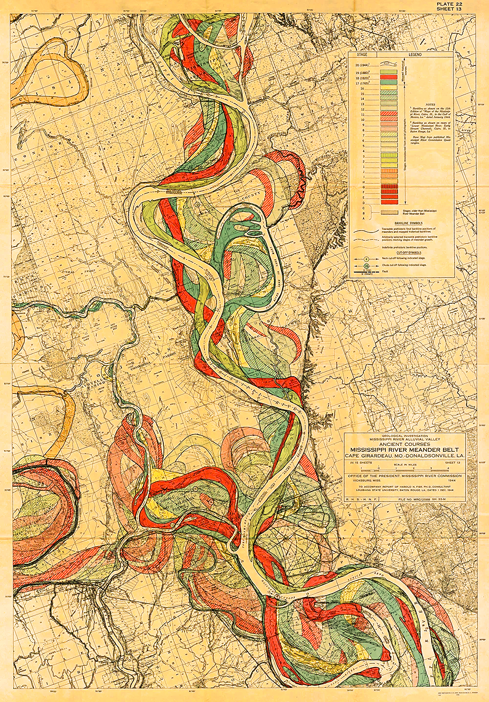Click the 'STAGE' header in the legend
pos(362,55)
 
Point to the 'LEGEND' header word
pos(415,55)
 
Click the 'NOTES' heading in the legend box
pos(430,105)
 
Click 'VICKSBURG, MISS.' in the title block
pos(363,480)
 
